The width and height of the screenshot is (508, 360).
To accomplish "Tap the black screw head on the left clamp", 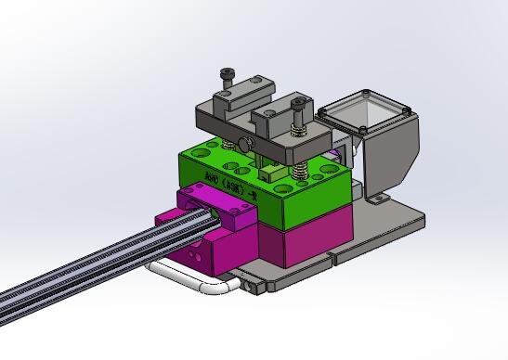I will tap(226, 73).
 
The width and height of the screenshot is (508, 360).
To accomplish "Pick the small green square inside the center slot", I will tap(268, 170).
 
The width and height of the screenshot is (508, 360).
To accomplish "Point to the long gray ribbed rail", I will tap(84, 269).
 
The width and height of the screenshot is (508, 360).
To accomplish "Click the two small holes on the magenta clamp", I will tap(194, 251).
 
